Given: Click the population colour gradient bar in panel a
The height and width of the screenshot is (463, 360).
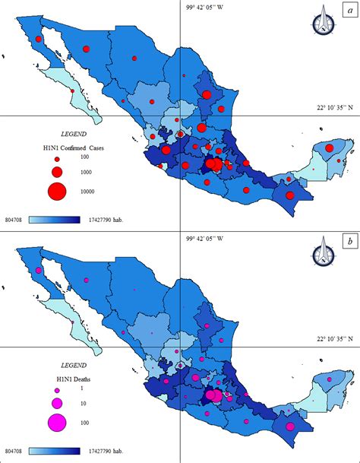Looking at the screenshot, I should coord(65,220).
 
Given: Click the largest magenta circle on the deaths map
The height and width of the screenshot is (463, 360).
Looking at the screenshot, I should coord(215,395).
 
